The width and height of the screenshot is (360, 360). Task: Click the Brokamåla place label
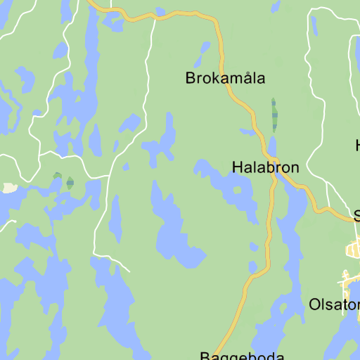(x=225, y=78)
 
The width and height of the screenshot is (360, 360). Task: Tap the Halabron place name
(x=265, y=167)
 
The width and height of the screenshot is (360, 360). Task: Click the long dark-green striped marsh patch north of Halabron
(x=274, y=115)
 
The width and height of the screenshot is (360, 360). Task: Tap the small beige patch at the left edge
(x=9, y=188)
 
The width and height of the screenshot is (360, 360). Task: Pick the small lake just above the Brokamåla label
(x=205, y=51)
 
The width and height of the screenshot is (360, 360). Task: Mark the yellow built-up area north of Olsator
(x=354, y=248)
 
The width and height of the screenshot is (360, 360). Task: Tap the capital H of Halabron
(x=237, y=167)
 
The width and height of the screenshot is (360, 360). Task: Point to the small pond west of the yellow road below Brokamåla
(x=247, y=131)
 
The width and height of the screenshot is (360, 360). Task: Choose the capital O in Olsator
(x=315, y=305)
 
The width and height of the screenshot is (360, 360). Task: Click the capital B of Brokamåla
(x=191, y=78)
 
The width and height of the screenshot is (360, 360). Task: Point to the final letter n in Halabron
(x=294, y=168)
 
